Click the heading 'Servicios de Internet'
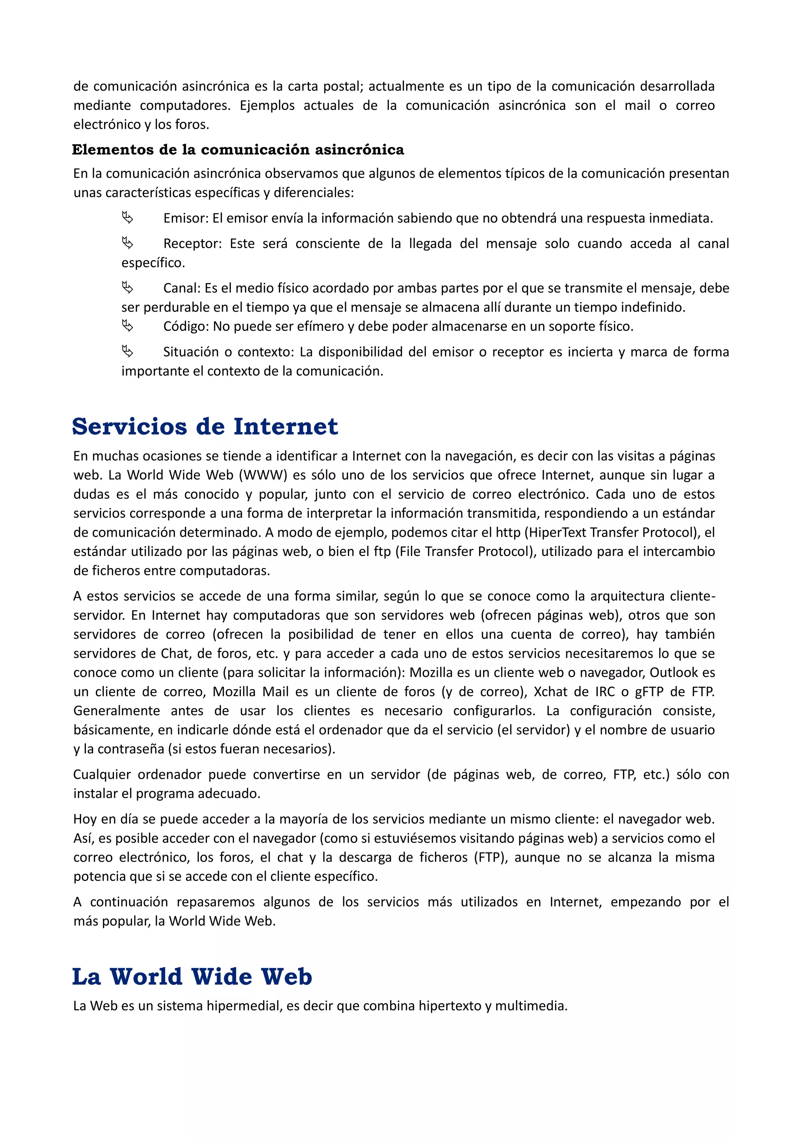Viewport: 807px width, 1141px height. coord(205,426)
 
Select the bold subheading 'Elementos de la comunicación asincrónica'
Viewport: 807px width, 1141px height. coord(238,150)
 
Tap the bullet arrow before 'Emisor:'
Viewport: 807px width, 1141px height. coord(128,217)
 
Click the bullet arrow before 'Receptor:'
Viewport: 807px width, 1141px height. coord(128,243)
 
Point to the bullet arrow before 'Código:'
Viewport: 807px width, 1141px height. coord(128,326)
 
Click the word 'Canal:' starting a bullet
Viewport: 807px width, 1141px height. coord(181,288)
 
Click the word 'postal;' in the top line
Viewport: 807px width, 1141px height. coord(343,86)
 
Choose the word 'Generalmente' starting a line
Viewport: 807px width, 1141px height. coord(116,711)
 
